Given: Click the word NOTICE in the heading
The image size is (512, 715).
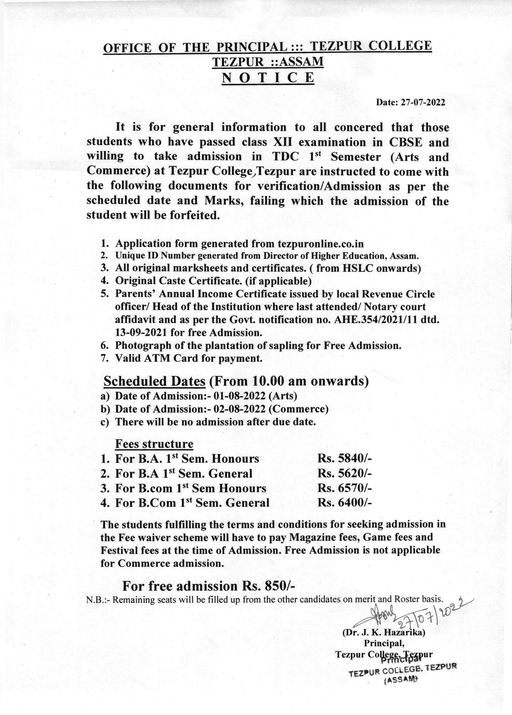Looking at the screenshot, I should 268,78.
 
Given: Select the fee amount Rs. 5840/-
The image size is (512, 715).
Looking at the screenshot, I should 345,459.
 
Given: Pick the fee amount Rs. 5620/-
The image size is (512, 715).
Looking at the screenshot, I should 345,473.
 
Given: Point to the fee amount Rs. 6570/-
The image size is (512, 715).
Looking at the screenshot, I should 345,488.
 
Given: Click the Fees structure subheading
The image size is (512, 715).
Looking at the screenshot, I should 154,444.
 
